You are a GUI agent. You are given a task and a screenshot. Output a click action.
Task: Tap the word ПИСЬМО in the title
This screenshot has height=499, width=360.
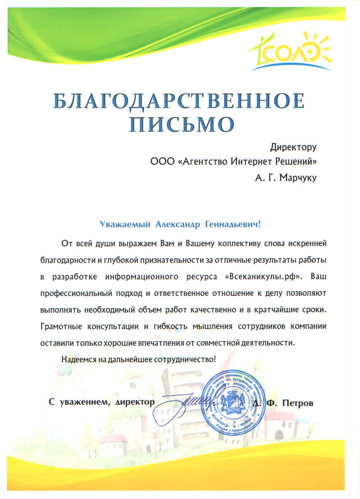click(x=182, y=124)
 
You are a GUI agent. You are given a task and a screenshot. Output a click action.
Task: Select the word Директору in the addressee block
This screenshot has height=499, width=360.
click(x=293, y=147)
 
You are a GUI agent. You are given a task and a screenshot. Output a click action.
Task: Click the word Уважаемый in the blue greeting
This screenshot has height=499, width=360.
click(x=125, y=225)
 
